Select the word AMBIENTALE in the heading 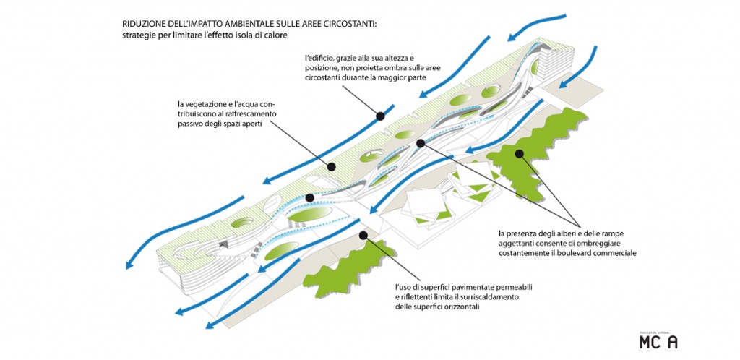point(243,24)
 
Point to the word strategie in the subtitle point(139,36)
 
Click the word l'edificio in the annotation point(321,57)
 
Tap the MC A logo point(658,341)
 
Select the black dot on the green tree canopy point(519,153)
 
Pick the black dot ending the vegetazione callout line point(332,166)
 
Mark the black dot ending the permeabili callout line point(363,234)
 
